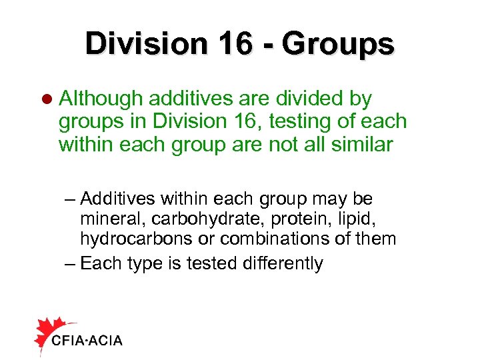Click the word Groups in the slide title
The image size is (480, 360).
tap(338, 44)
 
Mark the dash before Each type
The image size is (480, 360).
tap(71, 264)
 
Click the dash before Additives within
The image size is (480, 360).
tap(71, 199)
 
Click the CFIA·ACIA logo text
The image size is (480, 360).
tap(87, 341)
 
